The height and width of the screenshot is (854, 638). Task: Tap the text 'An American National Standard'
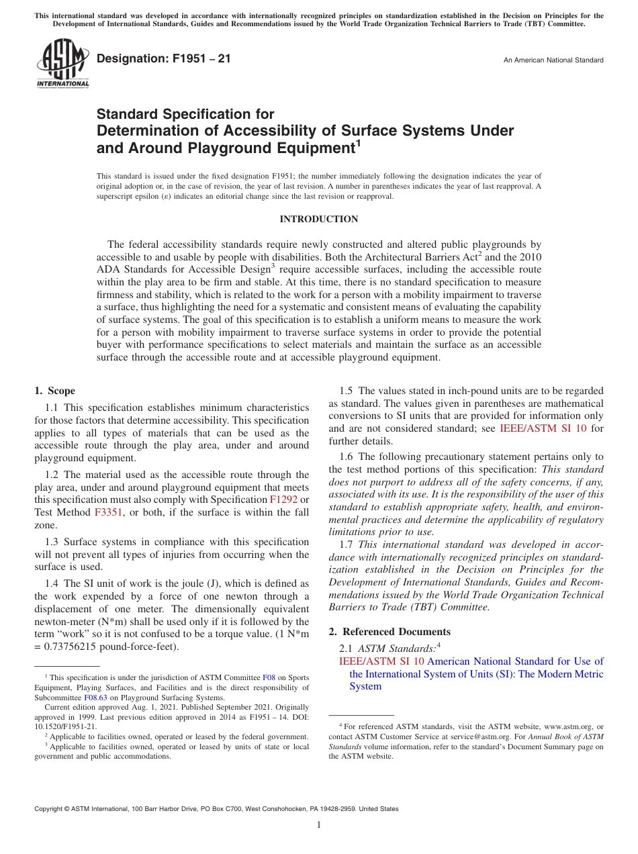pos(553,60)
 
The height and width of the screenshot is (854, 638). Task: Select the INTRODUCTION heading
pos(318,220)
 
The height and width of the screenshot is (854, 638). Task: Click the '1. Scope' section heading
pos(55,391)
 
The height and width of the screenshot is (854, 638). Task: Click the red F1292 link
pos(283,500)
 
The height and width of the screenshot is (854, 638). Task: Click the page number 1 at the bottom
pos(319,824)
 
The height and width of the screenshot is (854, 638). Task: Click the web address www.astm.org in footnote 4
pos(562,726)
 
